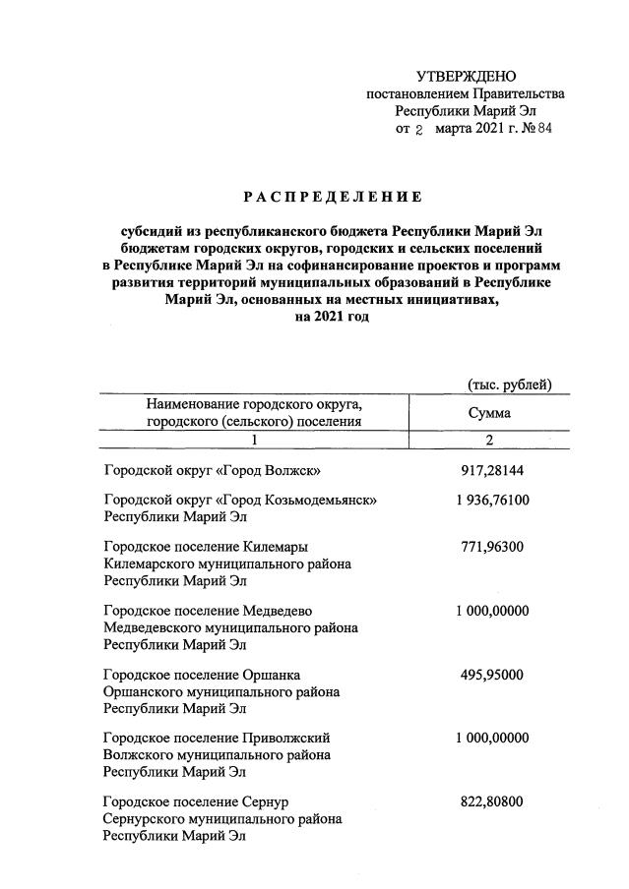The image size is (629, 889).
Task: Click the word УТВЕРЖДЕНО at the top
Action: pyautogui.click(x=466, y=76)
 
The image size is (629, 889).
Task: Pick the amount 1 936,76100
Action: pyautogui.click(x=492, y=500)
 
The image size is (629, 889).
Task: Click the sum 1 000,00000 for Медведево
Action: pyautogui.click(x=492, y=610)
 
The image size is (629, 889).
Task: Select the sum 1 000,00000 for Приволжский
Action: pyautogui.click(x=492, y=738)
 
